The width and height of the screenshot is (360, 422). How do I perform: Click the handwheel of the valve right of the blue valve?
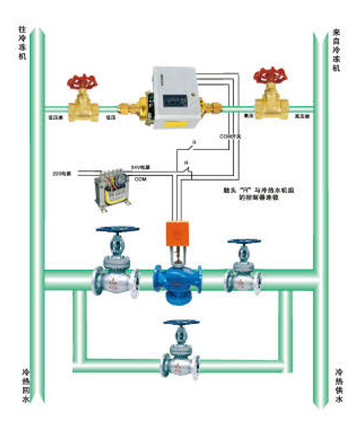[x=244, y=243]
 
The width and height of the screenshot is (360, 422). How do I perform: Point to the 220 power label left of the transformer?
[x=62, y=174]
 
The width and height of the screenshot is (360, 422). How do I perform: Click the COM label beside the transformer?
[x=140, y=179]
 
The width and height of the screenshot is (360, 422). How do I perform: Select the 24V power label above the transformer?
[x=140, y=166]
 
